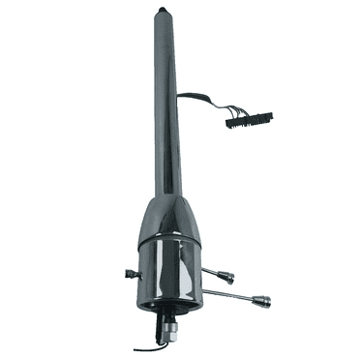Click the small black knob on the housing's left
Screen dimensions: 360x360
pyautogui.click(x=131, y=274)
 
